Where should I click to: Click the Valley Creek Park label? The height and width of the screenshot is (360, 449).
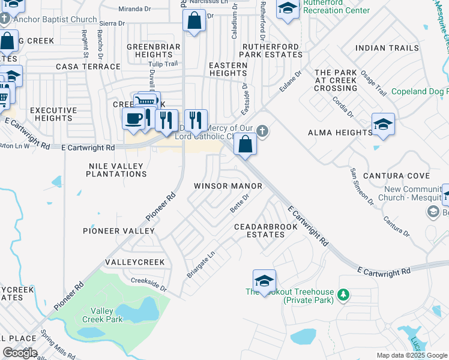coord(107,315)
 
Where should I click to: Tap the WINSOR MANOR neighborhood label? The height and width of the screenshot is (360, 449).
coord(228,186)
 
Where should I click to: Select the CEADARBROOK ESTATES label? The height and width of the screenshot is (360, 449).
coord(265,230)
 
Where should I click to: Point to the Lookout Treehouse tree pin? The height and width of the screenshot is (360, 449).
coord(343,294)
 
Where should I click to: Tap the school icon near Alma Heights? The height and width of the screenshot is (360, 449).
coord(383,125)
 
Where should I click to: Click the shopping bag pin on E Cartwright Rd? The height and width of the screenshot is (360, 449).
coord(245,145)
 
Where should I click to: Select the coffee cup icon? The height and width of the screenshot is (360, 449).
coord(133,118)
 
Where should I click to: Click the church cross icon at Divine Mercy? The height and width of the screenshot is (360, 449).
coord(262,131)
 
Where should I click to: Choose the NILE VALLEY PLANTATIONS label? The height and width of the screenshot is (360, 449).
coord(116,170)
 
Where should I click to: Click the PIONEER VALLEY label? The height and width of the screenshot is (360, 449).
coord(118,231)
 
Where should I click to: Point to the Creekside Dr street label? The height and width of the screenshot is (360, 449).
coord(148,284)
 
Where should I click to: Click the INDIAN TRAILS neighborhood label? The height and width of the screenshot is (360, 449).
coord(395,48)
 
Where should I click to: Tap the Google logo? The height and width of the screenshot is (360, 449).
coord(20,352)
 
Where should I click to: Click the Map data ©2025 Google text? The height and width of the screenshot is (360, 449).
coord(412,355)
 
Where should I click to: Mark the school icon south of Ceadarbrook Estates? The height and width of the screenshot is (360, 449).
coord(264,281)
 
